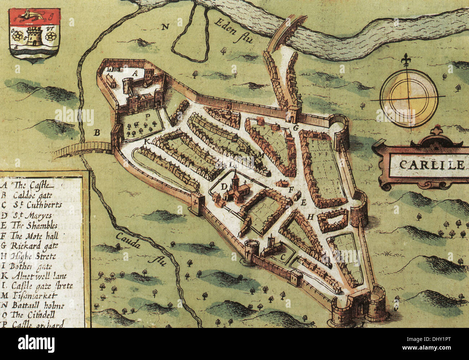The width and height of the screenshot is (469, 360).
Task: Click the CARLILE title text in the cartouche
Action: [x=431, y=165]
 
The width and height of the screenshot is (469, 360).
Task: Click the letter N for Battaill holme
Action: [x=165, y=26]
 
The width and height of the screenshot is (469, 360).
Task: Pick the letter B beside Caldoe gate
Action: [x=97, y=133]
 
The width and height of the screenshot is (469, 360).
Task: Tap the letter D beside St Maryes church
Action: [x=224, y=186]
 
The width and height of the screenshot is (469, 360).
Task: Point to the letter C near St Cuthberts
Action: [x=283, y=257]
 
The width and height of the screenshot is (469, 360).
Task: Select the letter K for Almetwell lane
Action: [x=146, y=142]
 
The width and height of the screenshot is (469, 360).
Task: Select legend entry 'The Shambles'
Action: [x=34, y=225]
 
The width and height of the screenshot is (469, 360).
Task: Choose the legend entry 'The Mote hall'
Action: [x=34, y=236]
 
